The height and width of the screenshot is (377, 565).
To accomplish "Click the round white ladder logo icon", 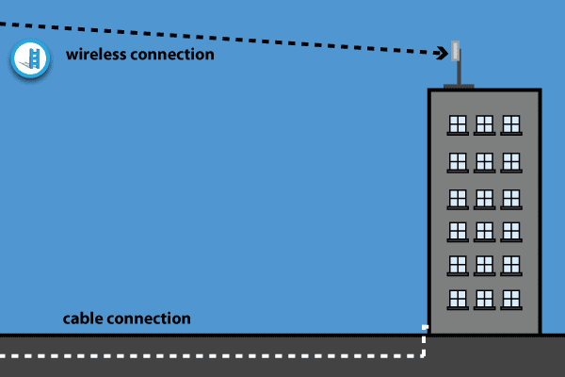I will click(x=29, y=59).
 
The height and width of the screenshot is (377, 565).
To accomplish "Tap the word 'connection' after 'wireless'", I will click(x=175, y=54).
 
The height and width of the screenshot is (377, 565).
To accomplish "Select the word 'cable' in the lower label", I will click(x=84, y=319).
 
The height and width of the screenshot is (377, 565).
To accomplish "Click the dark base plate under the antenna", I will click(x=458, y=86).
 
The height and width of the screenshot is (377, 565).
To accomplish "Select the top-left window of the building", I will click(x=458, y=124).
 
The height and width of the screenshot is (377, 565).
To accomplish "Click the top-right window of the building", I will click(x=511, y=124).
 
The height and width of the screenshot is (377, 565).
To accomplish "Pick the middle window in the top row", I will click(x=484, y=124).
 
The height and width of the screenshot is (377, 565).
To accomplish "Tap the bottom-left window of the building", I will click(x=458, y=299).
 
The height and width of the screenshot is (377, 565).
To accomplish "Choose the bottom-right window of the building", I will click(x=511, y=299).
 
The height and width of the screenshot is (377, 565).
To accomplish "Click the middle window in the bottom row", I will click(x=484, y=299).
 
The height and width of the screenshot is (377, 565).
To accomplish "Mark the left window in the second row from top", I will click(x=458, y=160).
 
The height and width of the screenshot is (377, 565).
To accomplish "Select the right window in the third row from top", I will click(x=511, y=198).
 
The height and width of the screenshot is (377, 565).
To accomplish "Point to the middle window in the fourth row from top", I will click(x=484, y=230).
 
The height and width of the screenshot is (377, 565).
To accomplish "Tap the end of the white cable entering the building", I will click(x=425, y=328).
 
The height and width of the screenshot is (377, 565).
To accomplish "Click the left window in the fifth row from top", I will click(x=458, y=264).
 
